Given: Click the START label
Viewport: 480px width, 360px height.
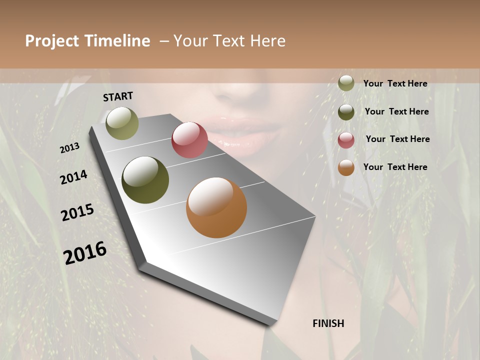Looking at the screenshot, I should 118,96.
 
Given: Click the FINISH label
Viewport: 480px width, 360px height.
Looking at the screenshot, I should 328,323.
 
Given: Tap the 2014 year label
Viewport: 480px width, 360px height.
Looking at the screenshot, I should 73,177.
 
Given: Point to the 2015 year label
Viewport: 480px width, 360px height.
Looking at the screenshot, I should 77,212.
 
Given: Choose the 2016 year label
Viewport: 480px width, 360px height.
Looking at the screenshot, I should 85,253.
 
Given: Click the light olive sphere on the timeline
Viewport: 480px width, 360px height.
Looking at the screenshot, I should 122,123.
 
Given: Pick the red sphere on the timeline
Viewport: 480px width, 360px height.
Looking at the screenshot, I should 189,140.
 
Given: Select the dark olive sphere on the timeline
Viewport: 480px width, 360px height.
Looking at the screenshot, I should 145,180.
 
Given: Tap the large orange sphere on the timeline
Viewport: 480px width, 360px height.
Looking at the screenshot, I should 216,207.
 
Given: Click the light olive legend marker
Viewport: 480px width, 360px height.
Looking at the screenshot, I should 346,83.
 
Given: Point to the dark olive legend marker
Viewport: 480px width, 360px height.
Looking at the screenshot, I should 346,112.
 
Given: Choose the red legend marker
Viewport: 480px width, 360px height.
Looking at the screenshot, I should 346,140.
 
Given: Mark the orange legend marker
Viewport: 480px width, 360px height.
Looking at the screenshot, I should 346,167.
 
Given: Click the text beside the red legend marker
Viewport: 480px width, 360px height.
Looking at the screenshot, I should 397,139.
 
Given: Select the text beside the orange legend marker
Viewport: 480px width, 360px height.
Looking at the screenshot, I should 395,167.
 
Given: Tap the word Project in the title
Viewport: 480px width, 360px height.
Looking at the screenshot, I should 52,41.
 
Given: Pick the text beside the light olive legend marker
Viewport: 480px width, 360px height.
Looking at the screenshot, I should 395,83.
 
